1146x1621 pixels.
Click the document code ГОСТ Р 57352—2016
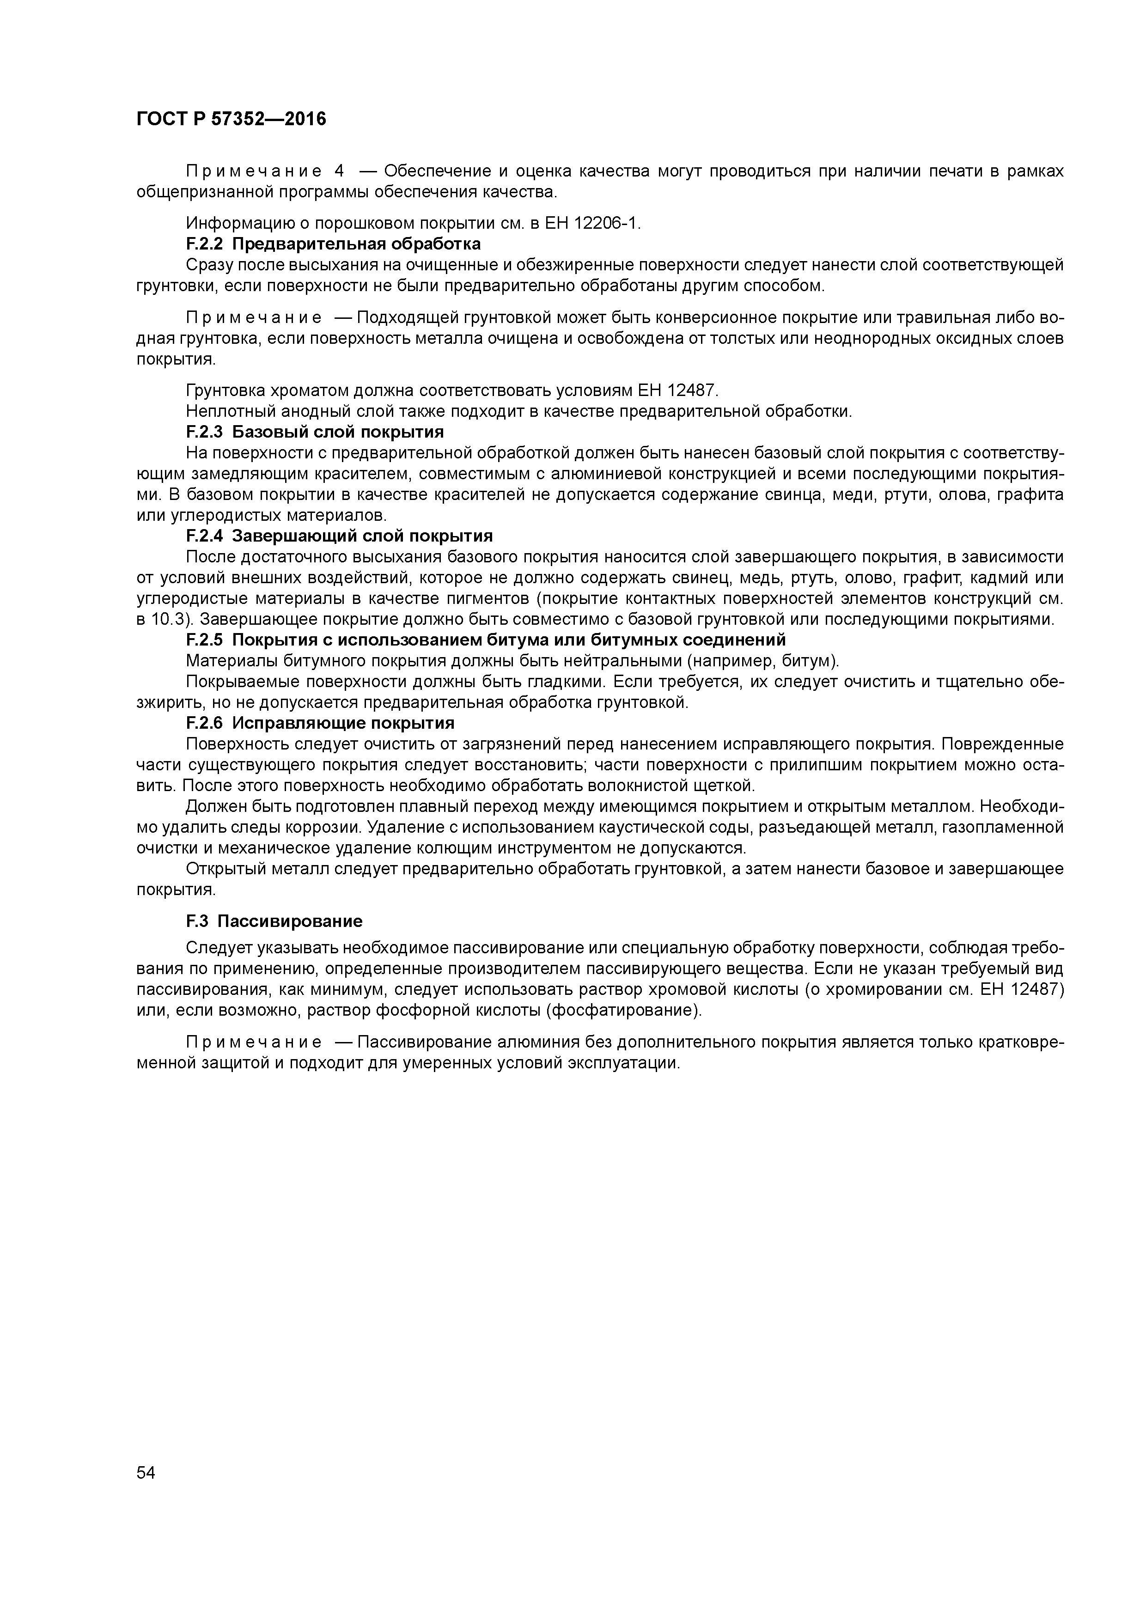231,119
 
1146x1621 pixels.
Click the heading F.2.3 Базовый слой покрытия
315,432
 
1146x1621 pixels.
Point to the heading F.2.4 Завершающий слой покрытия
339,536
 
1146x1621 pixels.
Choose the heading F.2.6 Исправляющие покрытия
320,723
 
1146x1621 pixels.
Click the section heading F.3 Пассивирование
274,921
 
